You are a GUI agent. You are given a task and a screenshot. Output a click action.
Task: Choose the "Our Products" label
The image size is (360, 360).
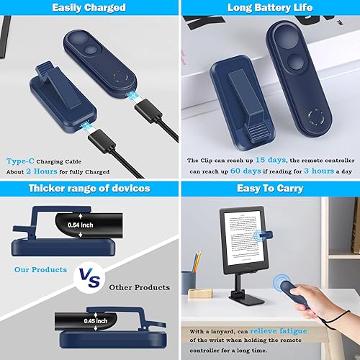[41, 270]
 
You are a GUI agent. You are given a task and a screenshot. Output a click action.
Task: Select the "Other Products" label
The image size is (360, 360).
[140, 287]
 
